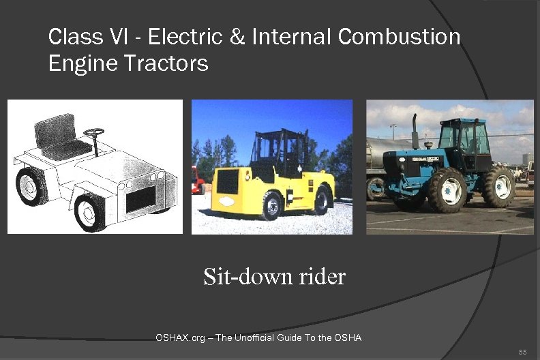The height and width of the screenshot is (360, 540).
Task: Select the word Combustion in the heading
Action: click(x=399, y=37)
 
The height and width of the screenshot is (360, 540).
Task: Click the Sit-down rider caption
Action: click(x=274, y=277)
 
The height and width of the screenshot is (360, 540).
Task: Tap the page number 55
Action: click(x=522, y=352)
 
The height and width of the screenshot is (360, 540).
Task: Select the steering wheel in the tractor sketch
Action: click(x=94, y=132)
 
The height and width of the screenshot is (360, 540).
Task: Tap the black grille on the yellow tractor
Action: click(x=227, y=183)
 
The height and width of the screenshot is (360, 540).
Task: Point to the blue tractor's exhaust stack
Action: click(x=414, y=132)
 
